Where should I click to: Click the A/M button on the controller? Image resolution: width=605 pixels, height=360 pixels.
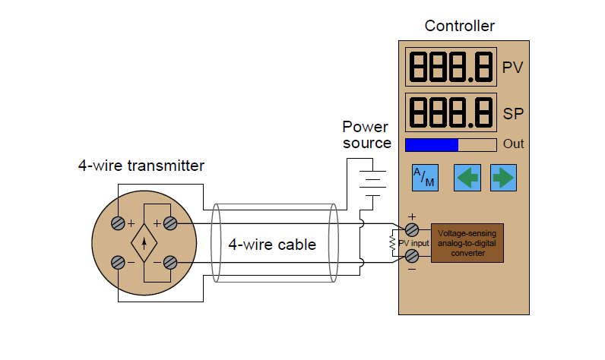pos(424,177)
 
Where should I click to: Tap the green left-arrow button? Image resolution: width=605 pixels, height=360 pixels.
pos(467,177)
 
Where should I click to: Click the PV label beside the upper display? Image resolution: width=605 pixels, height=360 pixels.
pos(512,68)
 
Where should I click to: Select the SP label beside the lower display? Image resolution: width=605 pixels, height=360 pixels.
pos(512,114)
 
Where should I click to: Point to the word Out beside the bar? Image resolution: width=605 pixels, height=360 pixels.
pos(514,144)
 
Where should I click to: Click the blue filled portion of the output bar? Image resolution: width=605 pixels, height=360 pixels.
pos(431,144)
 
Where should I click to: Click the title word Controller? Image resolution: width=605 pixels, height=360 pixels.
pos(459,26)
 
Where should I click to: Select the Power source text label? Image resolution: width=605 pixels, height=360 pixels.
pos(366,134)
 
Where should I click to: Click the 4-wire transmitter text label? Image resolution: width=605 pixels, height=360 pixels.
pos(141,165)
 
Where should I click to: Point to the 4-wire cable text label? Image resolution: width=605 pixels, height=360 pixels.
pos(272,244)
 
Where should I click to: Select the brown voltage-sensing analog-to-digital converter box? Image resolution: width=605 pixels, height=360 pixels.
pos(467,243)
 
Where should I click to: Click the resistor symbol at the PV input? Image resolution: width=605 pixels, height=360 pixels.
pos(393,243)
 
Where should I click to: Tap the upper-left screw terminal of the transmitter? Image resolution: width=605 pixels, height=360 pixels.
pos(119,223)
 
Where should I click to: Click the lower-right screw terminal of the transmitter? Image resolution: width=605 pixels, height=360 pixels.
pos(170,263)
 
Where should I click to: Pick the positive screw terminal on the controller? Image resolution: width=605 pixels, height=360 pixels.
pos(411,229)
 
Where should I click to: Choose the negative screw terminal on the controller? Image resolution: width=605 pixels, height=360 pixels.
pos(411,256)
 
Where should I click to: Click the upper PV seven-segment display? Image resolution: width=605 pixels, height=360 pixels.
pos(450,68)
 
